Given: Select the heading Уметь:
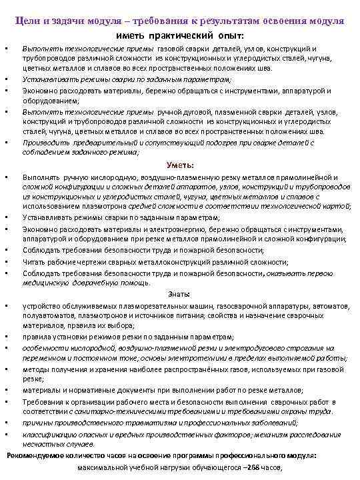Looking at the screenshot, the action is pos(180,165).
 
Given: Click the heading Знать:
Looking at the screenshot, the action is pos(179,293).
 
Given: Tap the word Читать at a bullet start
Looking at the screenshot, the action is pos(34,262).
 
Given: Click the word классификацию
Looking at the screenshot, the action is pos(49,435).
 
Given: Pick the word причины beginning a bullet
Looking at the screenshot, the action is pos(37,423).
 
